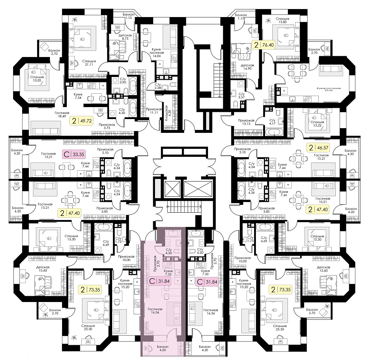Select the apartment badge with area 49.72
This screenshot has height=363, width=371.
point(81,121)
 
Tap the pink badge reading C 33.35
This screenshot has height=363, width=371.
point(74,155)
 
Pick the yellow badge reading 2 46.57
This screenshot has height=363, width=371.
point(318,148)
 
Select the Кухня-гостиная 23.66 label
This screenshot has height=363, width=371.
point(329,89)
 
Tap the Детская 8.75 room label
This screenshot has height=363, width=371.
point(124,37)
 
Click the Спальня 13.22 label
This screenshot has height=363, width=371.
point(317,124)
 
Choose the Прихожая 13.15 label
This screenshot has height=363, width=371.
point(246,122)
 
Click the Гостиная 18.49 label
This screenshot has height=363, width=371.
point(62,115)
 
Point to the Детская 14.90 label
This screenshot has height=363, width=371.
point(247,67)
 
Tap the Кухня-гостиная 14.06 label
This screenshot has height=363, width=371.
point(156,53)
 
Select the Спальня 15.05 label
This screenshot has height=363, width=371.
point(37,78)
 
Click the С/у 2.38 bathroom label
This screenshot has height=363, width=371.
point(158,86)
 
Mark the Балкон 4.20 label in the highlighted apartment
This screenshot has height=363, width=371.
point(163,348)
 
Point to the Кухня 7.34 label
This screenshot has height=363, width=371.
point(78,96)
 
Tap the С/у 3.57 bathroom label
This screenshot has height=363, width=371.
point(241,95)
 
